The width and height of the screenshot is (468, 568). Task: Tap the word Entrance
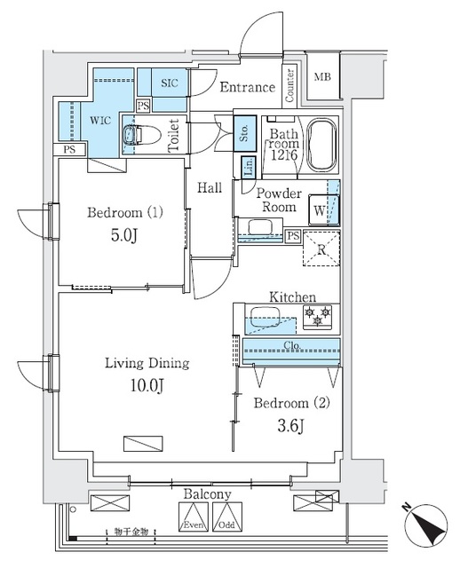point(247,87)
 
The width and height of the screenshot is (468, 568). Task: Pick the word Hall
point(210,188)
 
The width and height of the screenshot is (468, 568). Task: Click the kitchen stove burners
point(319,314)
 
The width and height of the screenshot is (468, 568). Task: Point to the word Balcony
point(208,494)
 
